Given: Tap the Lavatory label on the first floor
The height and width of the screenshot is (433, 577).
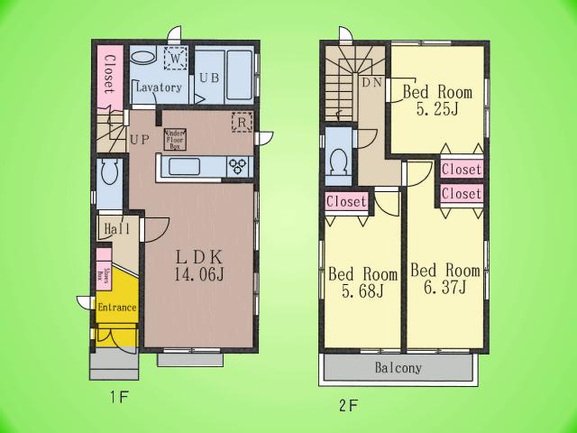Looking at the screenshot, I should point(159,88).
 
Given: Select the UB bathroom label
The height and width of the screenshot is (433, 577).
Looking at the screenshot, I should point(209,78).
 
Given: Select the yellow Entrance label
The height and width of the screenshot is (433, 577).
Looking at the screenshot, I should point(116,308).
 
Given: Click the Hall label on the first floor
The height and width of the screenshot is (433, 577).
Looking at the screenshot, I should point(113,228).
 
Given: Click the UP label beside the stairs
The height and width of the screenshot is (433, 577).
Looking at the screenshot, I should point(139,140).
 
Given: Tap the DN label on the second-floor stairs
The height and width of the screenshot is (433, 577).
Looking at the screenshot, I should point(371,83).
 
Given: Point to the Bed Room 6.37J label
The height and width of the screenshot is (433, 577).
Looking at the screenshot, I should point(444,279).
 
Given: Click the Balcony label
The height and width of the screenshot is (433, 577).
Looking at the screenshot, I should point(397,368).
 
